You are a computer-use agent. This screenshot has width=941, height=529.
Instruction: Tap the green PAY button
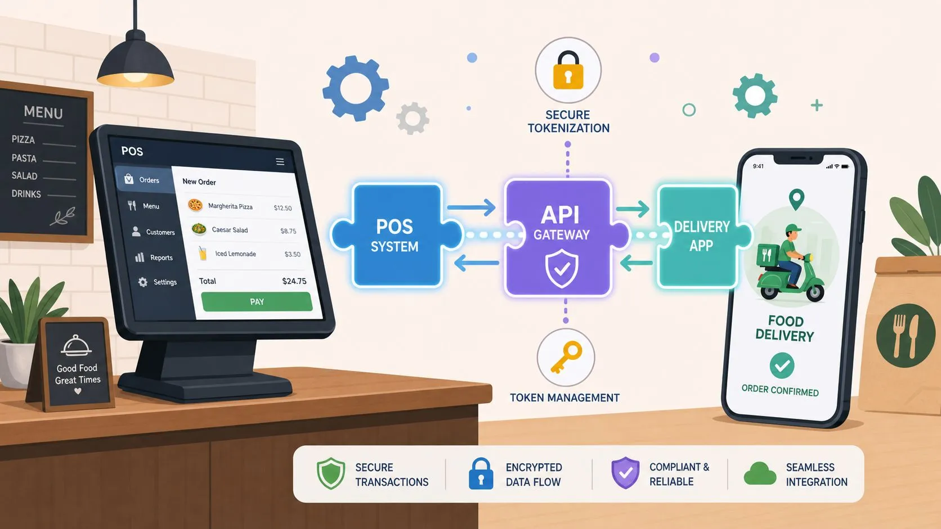coord(257,302)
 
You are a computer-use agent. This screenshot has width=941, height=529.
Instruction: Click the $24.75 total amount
coord(294,281)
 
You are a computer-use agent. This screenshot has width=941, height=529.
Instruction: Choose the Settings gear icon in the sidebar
coord(143,282)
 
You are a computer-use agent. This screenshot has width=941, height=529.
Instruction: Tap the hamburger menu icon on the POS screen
coord(280,161)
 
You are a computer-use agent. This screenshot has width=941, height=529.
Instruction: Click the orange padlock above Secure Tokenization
coord(568,70)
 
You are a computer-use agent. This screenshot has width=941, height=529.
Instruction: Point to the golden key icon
coord(566,357)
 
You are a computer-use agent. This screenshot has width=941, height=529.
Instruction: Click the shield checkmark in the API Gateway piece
coord(561,269)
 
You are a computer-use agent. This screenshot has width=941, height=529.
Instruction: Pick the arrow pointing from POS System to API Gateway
coord(471,207)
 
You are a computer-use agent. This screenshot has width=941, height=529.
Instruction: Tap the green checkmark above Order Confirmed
coord(782,365)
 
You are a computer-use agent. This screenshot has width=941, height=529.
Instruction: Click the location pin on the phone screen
coord(796,199)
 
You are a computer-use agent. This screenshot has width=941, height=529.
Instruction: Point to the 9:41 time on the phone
coord(758,166)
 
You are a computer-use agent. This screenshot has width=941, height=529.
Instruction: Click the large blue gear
coord(355,88)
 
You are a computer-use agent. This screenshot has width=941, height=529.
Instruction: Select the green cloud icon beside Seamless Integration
coord(760,473)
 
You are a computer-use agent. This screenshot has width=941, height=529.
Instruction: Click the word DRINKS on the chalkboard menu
coord(26,194)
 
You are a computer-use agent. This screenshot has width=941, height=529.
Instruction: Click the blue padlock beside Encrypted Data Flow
coord(481,473)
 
